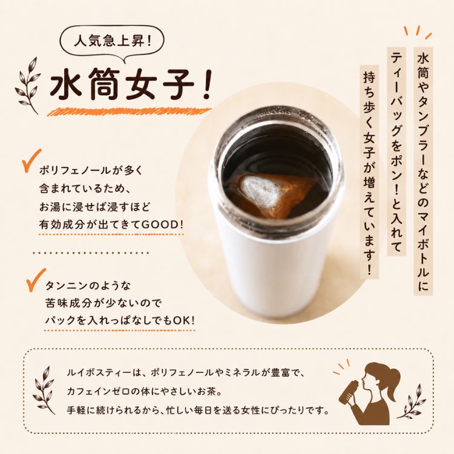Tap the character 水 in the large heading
65,85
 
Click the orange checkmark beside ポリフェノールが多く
31,160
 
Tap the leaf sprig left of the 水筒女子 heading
28,85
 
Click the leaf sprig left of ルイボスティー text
44,390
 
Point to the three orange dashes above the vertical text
418,32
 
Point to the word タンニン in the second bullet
66,286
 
